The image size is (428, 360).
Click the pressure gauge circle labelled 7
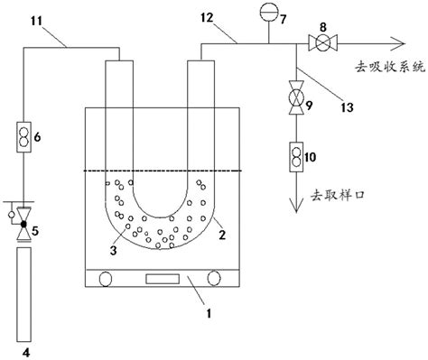point(269,12)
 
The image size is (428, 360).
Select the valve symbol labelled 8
point(322,42)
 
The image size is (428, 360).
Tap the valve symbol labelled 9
point(296,97)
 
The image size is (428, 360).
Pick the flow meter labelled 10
point(296,157)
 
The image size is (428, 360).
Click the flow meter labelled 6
point(23,137)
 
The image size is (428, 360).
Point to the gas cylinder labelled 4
point(23,294)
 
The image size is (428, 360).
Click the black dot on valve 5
point(23,224)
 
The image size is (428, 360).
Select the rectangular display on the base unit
point(163,279)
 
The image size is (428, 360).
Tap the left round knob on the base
point(106,279)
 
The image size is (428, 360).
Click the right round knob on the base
point(214,278)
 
